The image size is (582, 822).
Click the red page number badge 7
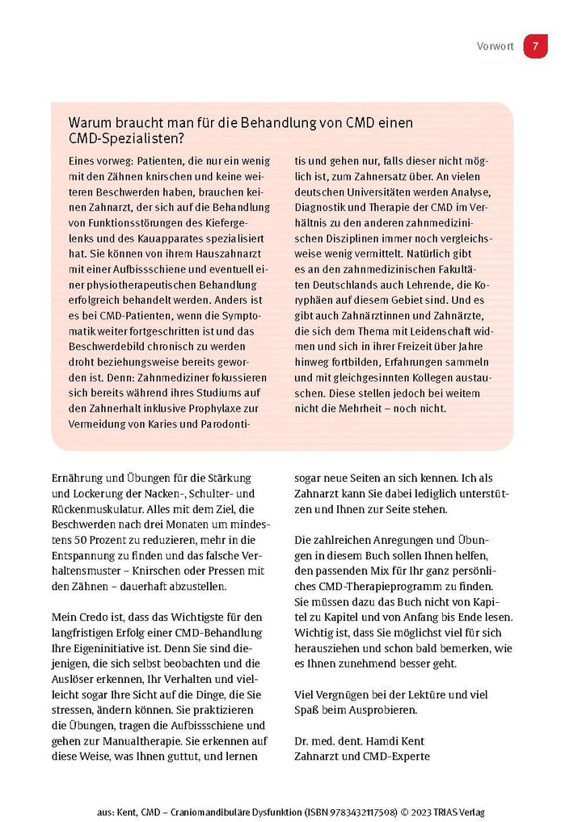point(535,46)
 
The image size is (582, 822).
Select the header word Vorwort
point(495,46)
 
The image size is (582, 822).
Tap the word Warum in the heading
point(90,123)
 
